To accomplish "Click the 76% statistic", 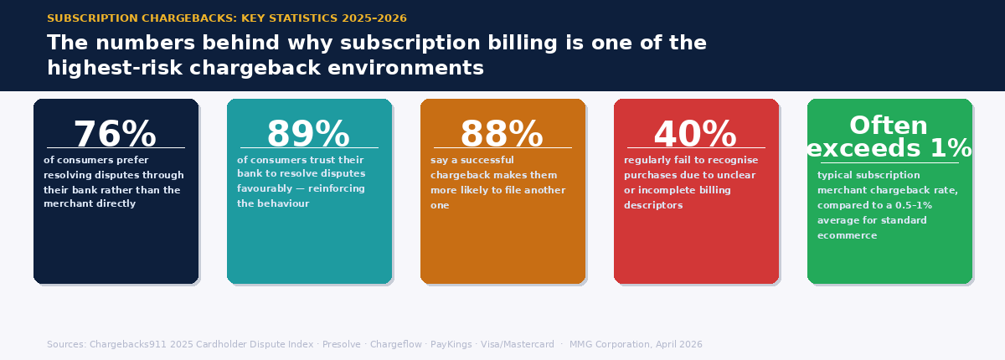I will pyautogui.click(x=116, y=134).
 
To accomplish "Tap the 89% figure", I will pyautogui.click(x=309, y=134).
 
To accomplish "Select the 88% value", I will pyautogui.click(x=502, y=134).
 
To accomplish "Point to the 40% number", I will pyautogui.click(x=696, y=134).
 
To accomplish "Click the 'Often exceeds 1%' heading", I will pyautogui.click(x=889, y=136).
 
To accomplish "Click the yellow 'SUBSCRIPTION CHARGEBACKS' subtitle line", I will pyautogui.click(x=227, y=18).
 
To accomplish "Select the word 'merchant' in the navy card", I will pyautogui.click(x=66, y=204).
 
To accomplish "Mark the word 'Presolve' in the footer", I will pyautogui.click(x=341, y=345).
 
